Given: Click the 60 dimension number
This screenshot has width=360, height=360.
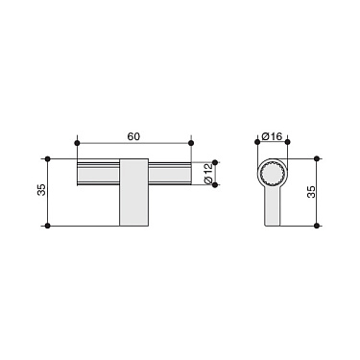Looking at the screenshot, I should pos(133,136).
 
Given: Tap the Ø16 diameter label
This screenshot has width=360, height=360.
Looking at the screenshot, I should pos(273,136).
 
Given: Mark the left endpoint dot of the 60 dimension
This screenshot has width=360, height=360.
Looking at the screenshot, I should pos(75,144).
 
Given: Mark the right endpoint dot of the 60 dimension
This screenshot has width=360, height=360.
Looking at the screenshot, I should pos(192,144).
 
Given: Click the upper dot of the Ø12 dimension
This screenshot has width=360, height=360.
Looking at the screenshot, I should pos(214,158).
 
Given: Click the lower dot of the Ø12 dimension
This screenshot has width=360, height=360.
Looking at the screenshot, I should pos(214,185).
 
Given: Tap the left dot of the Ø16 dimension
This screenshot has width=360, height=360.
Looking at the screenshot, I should pos(258,144).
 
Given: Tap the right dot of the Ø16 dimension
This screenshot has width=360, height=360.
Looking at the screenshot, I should pos(288,144).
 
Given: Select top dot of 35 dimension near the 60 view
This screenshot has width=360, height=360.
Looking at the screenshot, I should pos(47,157).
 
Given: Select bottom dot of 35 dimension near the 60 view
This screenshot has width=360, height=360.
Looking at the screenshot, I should pos(47,226).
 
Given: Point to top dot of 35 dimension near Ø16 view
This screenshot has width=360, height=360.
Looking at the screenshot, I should pos(316,157).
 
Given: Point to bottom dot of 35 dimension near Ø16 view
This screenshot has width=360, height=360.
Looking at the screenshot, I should pos(316,226).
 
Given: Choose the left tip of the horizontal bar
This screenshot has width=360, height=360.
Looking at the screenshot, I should pos(78,172).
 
